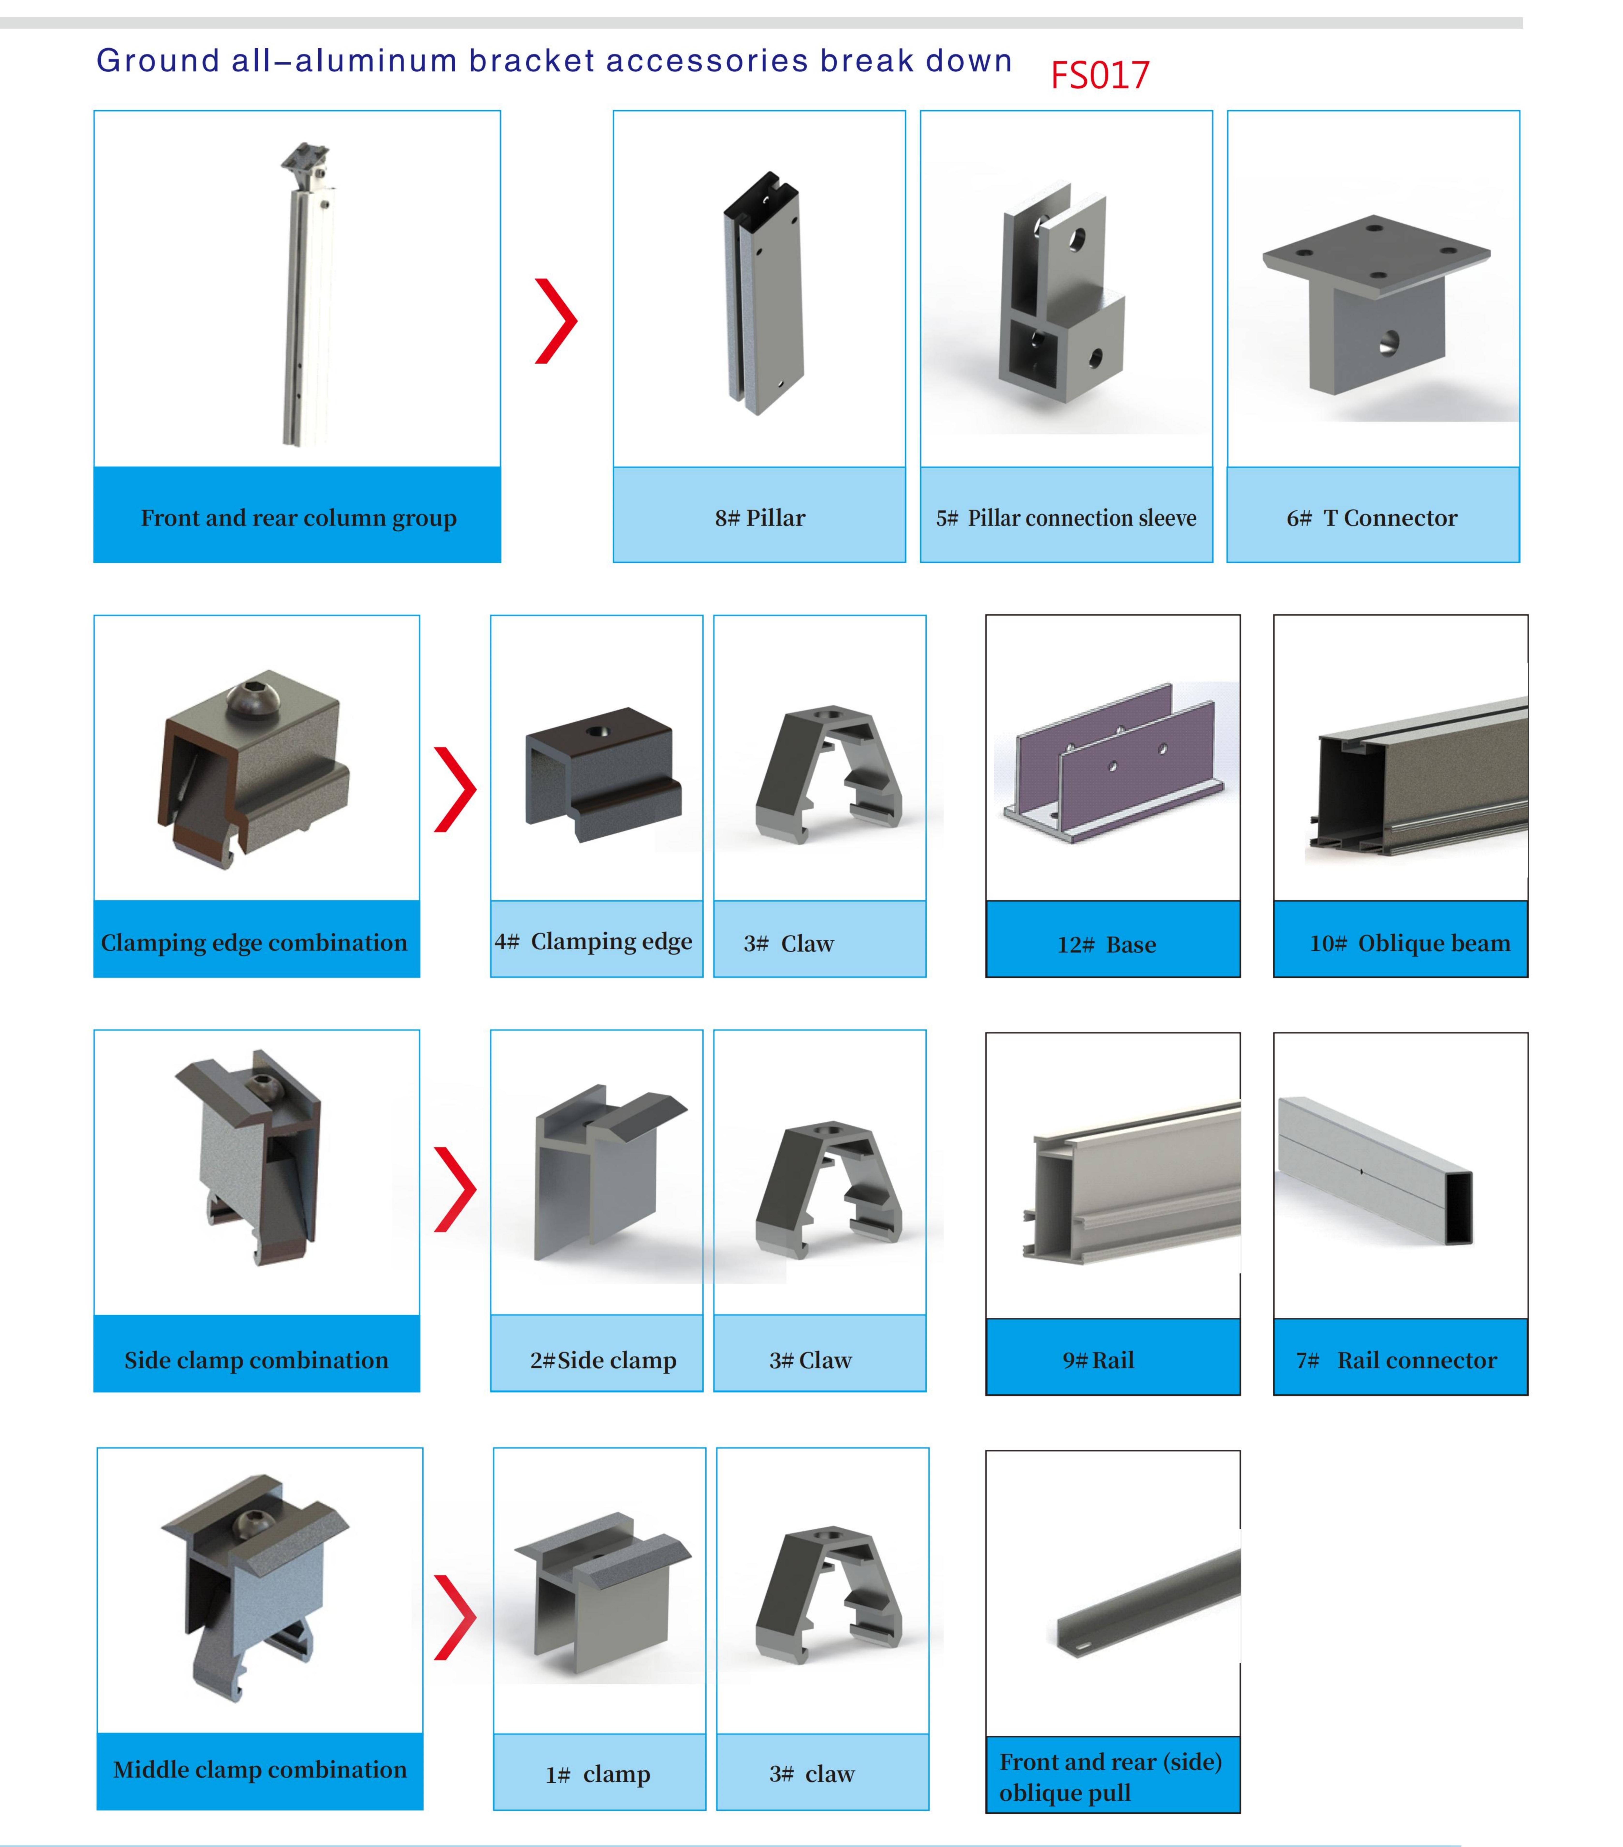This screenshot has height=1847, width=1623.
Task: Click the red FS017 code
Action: click(1100, 75)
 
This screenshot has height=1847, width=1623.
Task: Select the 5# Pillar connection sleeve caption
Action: click(1066, 518)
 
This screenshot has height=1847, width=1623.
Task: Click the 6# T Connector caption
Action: click(1372, 518)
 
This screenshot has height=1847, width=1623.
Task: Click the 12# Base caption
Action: click(1107, 944)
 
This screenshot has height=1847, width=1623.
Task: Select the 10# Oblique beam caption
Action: click(1410, 943)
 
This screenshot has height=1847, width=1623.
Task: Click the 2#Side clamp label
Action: click(603, 1360)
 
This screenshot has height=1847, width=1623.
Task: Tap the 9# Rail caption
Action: click(1098, 1360)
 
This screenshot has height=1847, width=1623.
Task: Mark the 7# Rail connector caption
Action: click(1396, 1360)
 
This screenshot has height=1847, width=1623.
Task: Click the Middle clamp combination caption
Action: click(260, 1769)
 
